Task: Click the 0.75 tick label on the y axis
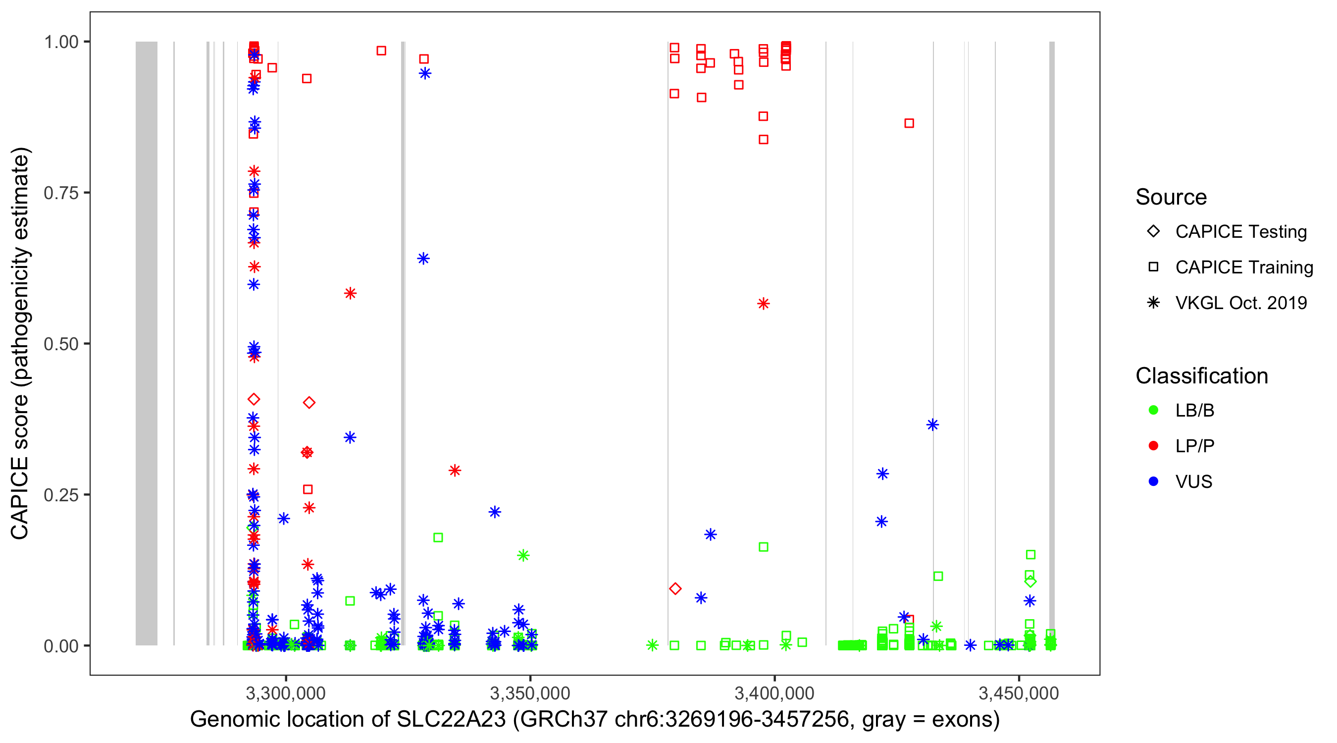[x=60, y=193]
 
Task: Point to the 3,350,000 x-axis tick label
[x=530, y=693]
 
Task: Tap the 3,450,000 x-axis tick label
[x=1019, y=693]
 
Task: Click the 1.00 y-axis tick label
[x=60, y=42]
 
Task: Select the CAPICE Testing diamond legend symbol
[x=1153, y=231]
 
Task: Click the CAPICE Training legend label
[x=1244, y=267]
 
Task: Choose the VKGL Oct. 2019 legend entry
[x=1241, y=303]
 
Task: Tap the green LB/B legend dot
[x=1153, y=410]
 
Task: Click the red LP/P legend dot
[x=1153, y=446]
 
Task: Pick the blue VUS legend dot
[x=1153, y=482]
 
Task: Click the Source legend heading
[x=1171, y=197]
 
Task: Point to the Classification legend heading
[x=1201, y=376]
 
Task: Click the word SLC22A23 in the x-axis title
[x=451, y=720]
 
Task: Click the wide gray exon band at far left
[x=147, y=343]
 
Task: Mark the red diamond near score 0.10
[x=675, y=588]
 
